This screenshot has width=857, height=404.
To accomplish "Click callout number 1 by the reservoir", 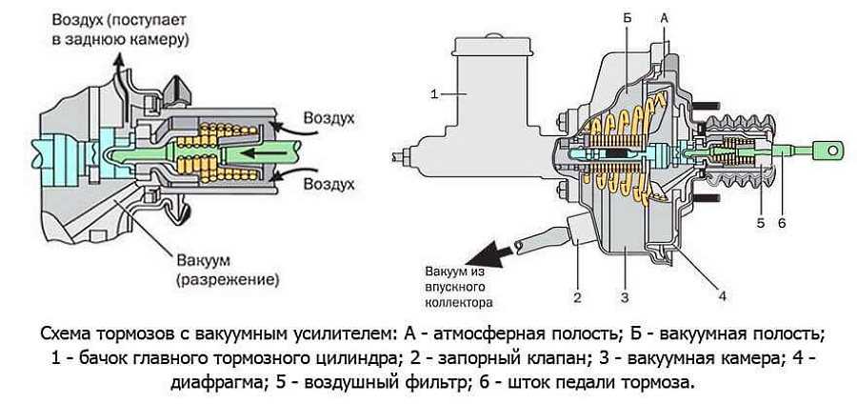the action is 434,94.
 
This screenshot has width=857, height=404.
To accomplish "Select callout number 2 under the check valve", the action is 577,297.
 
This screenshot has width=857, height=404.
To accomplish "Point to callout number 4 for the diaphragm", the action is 722,295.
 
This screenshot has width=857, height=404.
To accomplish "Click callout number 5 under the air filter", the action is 763,223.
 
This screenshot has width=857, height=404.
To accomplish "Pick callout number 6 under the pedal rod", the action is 782,223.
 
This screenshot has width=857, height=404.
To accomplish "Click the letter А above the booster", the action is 664,18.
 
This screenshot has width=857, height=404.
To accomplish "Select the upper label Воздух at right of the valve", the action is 329,119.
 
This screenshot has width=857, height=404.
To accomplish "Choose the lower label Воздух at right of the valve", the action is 329,184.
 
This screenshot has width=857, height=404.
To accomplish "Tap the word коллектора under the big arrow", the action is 460,302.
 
